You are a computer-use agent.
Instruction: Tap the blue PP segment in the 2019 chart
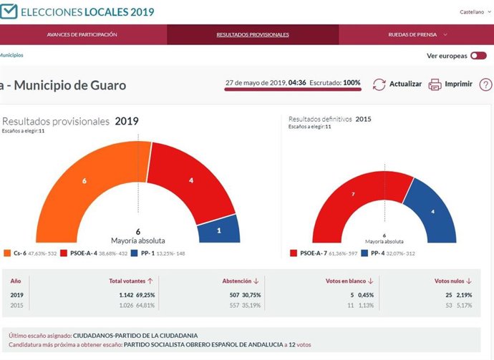218,231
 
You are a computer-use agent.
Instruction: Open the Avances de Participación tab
82,34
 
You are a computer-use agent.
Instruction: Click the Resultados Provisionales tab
252,34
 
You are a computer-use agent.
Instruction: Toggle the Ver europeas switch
478,56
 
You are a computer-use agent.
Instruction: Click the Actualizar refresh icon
379,84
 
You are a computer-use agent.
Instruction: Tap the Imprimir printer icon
435,84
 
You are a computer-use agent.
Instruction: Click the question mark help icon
485,84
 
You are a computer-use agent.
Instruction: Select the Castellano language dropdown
474,12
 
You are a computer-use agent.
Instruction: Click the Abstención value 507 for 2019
231,295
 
